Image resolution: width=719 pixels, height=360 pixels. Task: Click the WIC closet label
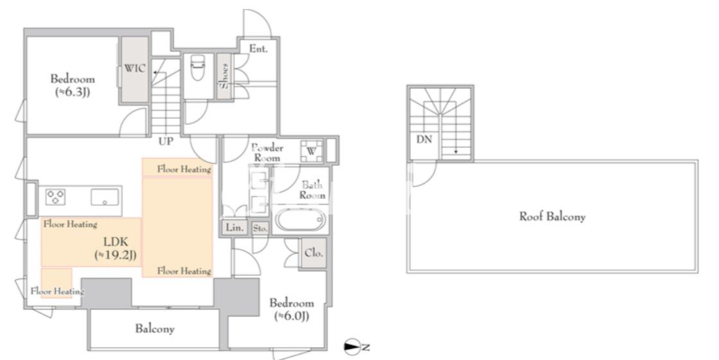135,69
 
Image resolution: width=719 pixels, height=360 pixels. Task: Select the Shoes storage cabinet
224,76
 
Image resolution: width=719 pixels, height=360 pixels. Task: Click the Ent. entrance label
258,49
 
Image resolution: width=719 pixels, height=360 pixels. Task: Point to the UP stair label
166,142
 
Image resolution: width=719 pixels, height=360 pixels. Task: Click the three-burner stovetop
55,197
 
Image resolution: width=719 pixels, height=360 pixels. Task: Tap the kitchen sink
105,197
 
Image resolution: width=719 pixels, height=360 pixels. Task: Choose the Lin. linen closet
235,228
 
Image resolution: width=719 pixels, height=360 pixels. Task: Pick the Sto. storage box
260,228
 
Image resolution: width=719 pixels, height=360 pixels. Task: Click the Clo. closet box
314,253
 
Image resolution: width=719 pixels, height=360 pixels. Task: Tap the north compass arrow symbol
353,347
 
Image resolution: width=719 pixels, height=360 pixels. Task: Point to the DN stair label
424,140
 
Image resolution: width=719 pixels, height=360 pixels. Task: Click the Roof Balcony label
552,216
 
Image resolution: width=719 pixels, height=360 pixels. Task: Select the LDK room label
116,242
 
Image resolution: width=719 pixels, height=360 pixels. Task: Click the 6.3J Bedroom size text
73,92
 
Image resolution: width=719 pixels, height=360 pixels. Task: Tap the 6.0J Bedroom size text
291,316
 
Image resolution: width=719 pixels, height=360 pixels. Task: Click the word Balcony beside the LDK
155,329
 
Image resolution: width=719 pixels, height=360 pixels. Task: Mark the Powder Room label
267,153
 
